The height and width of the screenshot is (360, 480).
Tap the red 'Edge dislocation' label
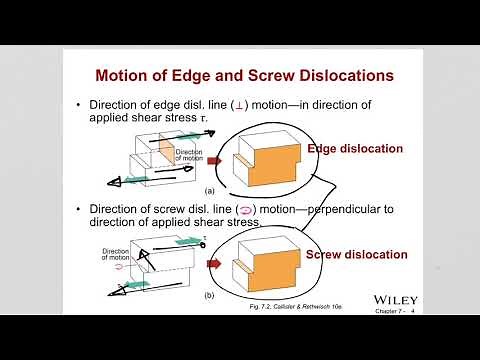355,149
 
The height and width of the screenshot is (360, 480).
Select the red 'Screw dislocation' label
357,254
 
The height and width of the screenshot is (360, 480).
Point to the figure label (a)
210,189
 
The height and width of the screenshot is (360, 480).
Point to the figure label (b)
210,296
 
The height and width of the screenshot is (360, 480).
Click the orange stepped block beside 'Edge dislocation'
264,161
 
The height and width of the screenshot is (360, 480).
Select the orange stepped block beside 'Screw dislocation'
264,269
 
